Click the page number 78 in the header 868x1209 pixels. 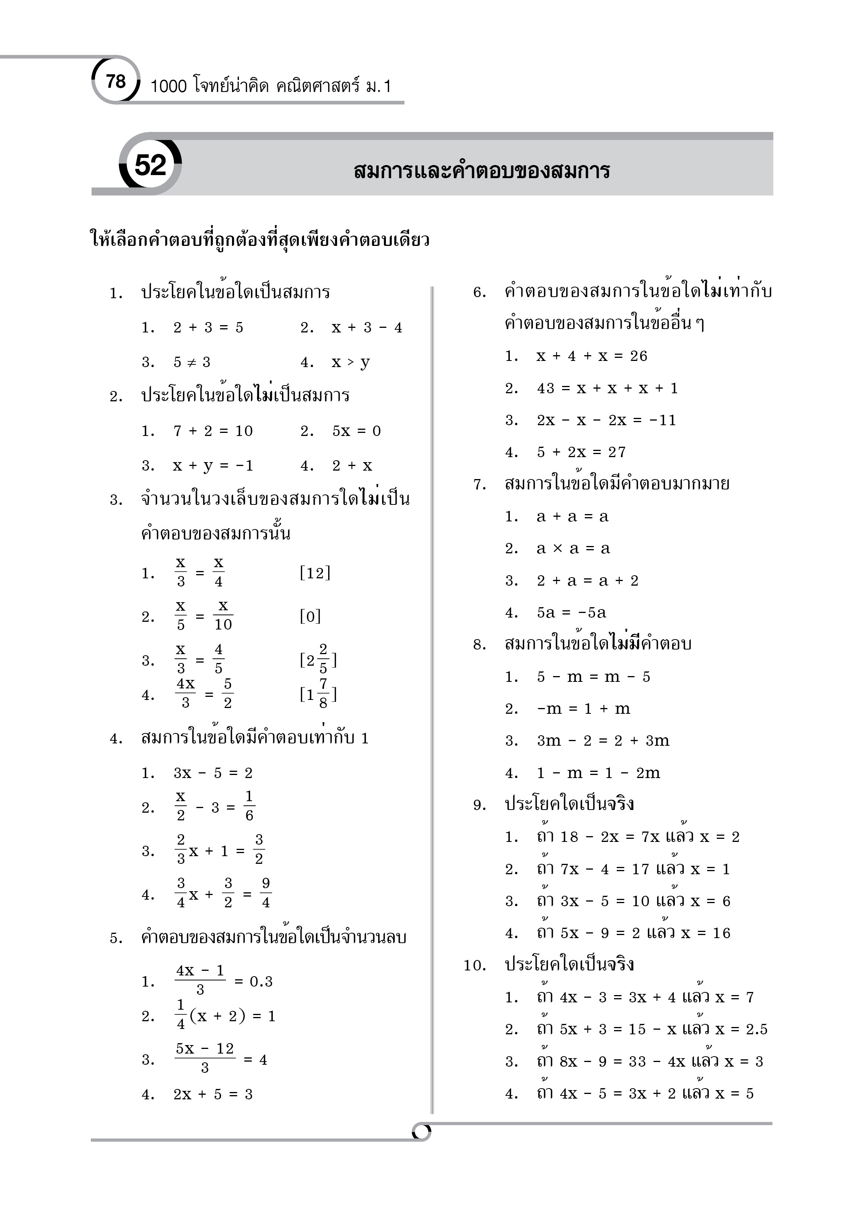pyautogui.click(x=116, y=82)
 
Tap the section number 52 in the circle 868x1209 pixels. pyautogui.click(x=150, y=165)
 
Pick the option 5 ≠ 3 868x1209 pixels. pyautogui.click(x=192, y=362)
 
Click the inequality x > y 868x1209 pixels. pyautogui.click(x=350, y=362)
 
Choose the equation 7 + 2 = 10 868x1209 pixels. pyautogui.click(x=213, y=431)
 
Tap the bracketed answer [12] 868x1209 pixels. pyautogui.click(x=315, y=573)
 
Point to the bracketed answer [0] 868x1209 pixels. pyautogui.click(x=310, y=617)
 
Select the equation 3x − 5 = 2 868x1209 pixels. pyautogui.click(x=213, y=773)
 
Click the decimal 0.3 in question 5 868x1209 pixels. pyautogui.click(x=261, y=981)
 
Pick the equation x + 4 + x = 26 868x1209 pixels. pyautogui.click(x=592, y=356)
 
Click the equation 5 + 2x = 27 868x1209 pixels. pyautogui.click(x=581, y=452)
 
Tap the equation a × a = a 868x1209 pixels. pyautogui.click(x=573, y=549)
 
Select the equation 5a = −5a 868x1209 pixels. pyautogui.click(x=572, y=613)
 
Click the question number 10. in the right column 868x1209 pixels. pyautogui.click(x=474, y=965)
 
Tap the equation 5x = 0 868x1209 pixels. pyautogui.click(x=356, y=431)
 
